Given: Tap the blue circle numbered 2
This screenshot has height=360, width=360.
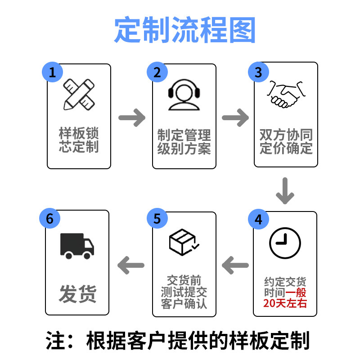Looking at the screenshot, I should point(157,72).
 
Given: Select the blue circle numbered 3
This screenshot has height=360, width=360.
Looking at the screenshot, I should point(258,72).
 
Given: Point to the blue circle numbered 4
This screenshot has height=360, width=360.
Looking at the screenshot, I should point(258,219).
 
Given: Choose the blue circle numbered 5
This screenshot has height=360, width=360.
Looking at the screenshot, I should point(157,219).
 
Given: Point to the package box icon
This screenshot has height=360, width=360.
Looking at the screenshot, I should point(184,243).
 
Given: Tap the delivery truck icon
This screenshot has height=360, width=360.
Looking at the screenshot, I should point(77,246).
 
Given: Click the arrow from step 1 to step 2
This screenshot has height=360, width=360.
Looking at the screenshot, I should point(132,118).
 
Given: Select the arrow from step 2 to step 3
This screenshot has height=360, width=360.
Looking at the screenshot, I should point(235,118).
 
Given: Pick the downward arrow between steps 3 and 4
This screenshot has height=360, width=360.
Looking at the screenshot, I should point(285,191).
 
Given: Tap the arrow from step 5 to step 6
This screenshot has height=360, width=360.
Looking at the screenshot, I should point(130,265).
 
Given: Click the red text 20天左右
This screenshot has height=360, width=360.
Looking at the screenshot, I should point(285,303).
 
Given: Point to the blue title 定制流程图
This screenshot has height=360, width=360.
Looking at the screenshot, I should point(184,31).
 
